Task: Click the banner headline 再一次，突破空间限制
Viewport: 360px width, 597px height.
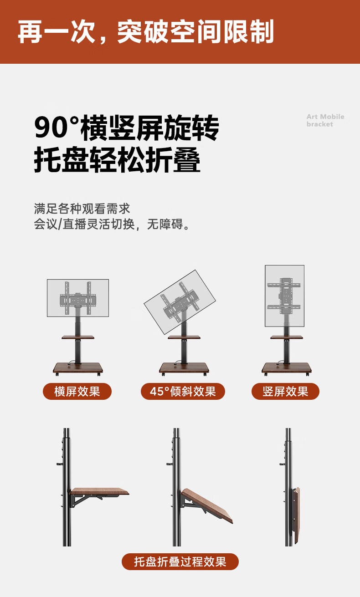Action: pos(146,32)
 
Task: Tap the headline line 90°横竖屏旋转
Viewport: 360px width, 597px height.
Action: pos(126,129)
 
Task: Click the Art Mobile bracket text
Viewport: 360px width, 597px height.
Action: pos(325,120)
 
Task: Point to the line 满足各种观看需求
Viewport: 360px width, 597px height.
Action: pos(82,209)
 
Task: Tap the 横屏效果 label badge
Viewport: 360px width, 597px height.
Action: pos(77,392)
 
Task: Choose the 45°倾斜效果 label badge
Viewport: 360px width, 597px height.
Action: pos(183,392)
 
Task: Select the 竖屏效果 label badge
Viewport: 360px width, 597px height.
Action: pos(285,392)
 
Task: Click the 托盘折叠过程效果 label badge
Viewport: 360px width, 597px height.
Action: pos(180,561)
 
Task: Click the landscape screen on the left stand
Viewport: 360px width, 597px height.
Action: pos(78,298)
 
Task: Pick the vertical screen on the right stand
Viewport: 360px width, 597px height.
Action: pos(284,296)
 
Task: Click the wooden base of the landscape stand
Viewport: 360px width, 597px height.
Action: pos(77,367)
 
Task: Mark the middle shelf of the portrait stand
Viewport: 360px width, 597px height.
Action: pos(287,337)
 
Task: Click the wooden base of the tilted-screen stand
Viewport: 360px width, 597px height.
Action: pos(184,367)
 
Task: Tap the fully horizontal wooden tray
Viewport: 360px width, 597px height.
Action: pos(99,491)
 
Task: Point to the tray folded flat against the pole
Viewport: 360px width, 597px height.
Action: pos(297,510)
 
